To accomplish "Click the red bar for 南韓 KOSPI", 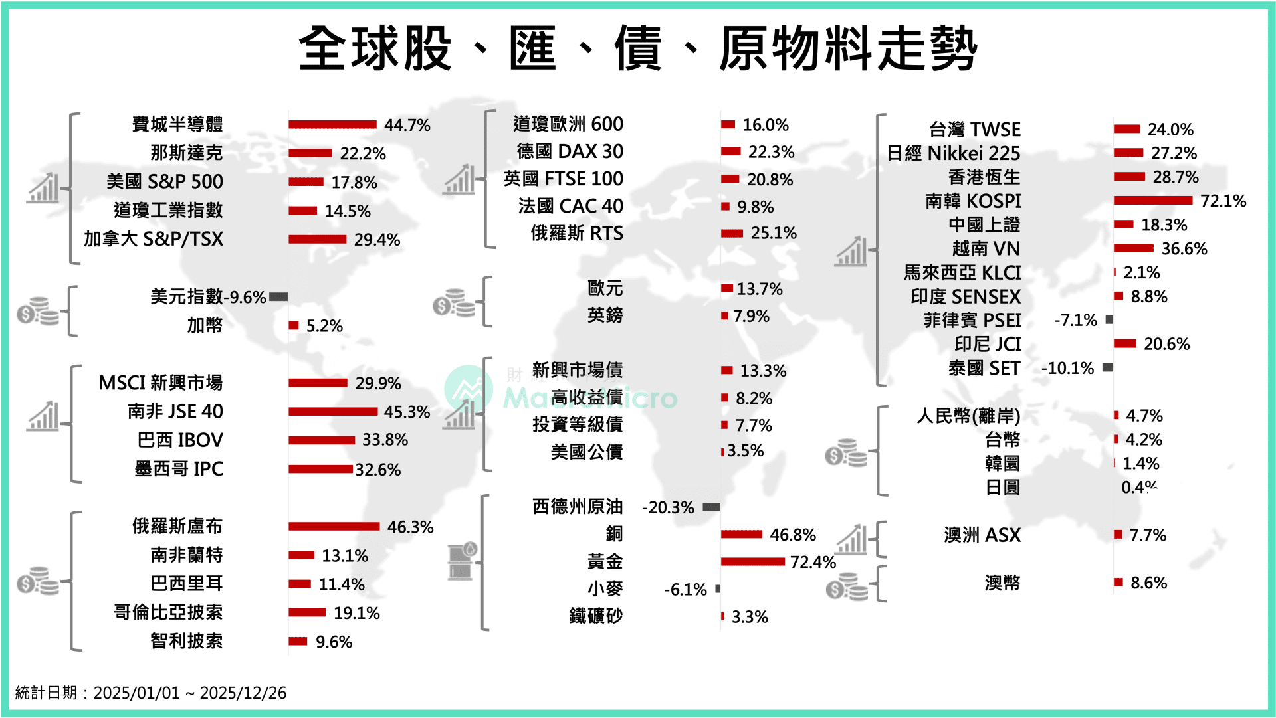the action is point(1153,201).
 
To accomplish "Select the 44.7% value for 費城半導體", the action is point(407,125).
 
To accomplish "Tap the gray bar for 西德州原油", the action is point(711,507).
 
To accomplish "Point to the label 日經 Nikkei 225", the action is point(954,153).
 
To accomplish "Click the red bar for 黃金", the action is point(753,562).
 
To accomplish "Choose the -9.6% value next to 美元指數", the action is point(247,297).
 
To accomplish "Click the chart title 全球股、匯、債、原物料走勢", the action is point(638,48).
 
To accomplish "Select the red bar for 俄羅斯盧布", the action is point(334,527).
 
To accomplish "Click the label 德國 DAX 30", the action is point(570,151).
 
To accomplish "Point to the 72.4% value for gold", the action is point(813,562).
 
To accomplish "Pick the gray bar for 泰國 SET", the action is point(1108,367).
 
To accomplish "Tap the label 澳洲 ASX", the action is point(982,535).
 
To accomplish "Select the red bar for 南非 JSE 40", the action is point(333,412).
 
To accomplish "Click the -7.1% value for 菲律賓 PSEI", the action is point(1075,320).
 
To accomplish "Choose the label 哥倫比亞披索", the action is point(168,612).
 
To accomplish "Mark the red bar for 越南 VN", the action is point(1134,248).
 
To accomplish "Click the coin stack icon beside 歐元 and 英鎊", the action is point(454,303).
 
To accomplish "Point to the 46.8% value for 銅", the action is point(793,535).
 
